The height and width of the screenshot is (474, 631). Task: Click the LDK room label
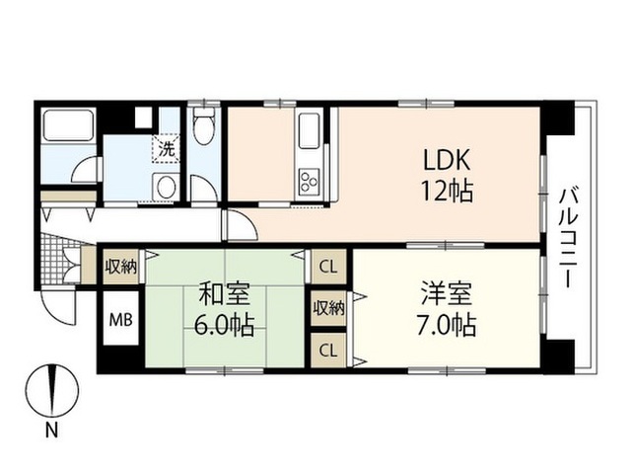(447, 160)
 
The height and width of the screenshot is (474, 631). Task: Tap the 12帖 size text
(447, 191)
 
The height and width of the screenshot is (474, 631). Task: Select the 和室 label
(225, 294)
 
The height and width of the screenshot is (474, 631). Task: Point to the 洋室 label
(447, 294)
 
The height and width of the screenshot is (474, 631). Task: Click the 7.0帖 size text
(447, 325)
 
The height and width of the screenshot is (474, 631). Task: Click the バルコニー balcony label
(568, 238)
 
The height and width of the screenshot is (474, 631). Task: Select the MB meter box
(121, 320)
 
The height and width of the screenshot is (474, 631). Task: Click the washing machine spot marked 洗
(167, 149)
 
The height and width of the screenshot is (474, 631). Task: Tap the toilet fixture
(204, 125)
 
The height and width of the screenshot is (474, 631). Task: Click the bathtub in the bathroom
(68, 124)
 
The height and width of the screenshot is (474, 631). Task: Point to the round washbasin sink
(166, 187)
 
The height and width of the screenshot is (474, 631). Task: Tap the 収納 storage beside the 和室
(120, 267)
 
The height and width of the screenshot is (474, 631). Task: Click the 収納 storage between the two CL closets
(329, 308)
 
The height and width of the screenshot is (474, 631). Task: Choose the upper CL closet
(328, 267)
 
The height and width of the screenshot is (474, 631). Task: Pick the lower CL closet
(328, 351)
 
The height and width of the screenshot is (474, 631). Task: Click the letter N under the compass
(51, 431)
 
